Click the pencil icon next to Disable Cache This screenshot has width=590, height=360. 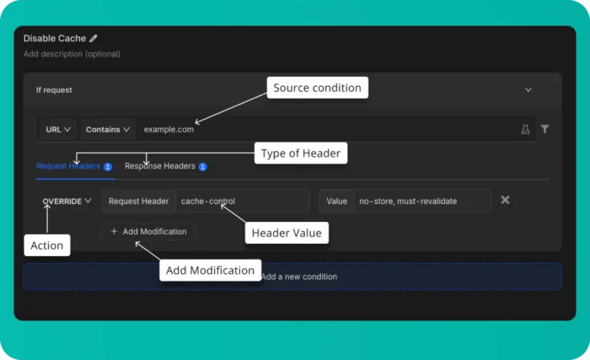coord(94,39)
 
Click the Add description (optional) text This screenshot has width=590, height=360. coord(72,54)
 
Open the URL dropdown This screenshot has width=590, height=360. coord(58,130)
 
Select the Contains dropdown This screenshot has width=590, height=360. coord(108,130)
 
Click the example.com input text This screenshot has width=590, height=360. coord(169,130)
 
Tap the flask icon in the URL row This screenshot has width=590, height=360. coord(525,130)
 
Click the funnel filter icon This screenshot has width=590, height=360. coord(544,129)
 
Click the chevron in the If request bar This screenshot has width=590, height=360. coord(528,90)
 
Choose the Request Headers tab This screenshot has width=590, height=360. coord(68,166)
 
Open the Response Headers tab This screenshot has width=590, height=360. coord(160,166)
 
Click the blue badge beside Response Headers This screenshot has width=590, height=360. coord(202,166)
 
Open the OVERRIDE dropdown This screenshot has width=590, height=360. coord(67,201)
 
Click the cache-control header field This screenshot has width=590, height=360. coord(242,201)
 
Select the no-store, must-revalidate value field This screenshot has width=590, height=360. coord(422,201)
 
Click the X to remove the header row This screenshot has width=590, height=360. coord(505,200)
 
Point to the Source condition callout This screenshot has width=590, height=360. coord(318,88)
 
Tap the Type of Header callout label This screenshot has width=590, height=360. coord(301,153)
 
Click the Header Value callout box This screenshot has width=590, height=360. coord(287,233)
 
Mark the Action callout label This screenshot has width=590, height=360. coord(47,245)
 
